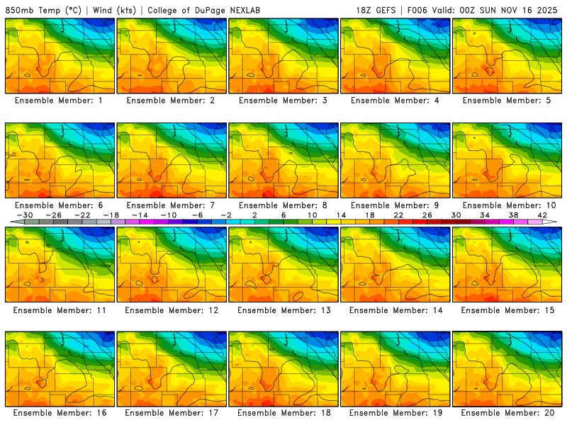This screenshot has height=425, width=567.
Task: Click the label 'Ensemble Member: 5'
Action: point(507,101)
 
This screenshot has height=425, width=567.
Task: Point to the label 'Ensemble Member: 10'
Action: point(507,205)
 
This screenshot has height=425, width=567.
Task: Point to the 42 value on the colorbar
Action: point(541,215)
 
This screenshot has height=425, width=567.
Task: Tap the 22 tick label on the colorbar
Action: point(398,215)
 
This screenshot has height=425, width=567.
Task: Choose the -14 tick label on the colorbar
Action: point(140,215)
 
